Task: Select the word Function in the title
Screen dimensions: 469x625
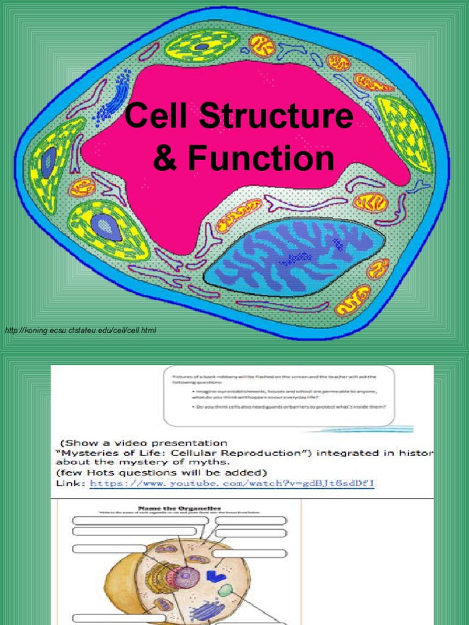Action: (x=261, y=159)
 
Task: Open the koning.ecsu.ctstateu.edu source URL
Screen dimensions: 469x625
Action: (x=80, y=330)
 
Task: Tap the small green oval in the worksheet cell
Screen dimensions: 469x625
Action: (x=225, y=590)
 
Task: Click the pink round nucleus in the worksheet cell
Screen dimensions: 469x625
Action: (x=186, y=577)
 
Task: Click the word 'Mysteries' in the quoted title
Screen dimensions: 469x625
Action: (x=85, y=453)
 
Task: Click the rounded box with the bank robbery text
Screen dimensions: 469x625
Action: (x=278, y=396)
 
